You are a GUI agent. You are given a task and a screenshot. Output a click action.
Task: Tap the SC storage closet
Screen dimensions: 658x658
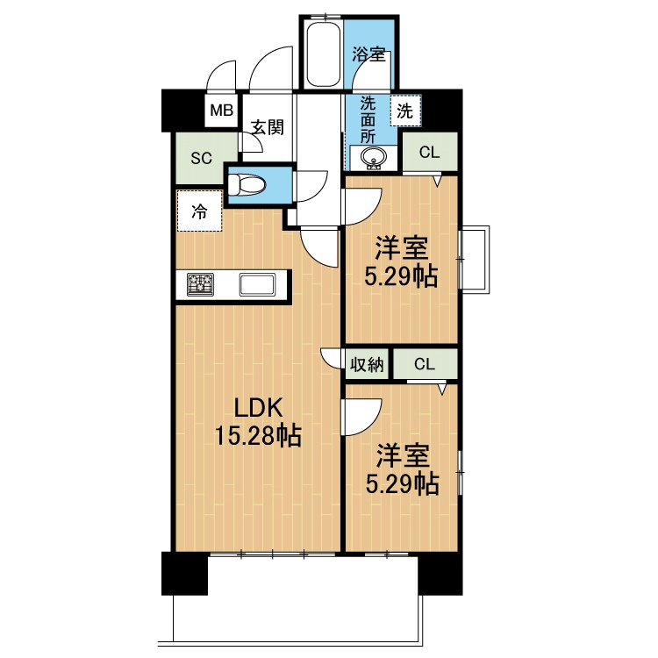click(202, 158)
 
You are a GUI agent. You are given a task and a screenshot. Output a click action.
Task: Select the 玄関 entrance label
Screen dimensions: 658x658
click(267, 127)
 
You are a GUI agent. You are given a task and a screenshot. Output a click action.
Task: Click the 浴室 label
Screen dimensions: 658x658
click(368, 54)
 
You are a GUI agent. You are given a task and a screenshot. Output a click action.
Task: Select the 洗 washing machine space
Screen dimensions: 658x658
click(404, 111)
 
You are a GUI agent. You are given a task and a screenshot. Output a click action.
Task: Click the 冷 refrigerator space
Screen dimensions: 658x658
click(199, 211)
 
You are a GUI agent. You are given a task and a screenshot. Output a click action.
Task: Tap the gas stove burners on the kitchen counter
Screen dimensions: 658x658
click(201, 284)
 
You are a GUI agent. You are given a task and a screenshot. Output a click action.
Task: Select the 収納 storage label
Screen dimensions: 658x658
click(367, 364)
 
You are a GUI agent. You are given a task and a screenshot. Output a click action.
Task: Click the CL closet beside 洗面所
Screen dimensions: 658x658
click(429, 152)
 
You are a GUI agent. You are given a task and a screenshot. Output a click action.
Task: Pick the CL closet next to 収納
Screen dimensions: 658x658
click(425, 363)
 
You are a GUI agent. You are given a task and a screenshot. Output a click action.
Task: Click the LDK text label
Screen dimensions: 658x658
click(258, 407)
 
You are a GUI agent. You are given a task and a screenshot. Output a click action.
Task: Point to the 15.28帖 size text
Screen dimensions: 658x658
click(258, 433)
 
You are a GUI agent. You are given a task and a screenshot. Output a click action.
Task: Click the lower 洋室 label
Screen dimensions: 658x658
click(403, 455)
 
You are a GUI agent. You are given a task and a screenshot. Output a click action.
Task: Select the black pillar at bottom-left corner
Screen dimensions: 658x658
click(184, 575)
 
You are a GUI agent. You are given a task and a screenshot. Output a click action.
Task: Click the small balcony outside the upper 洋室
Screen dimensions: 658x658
click(476, 260)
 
